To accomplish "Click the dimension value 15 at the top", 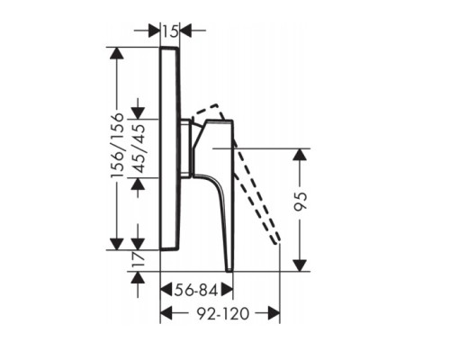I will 170,31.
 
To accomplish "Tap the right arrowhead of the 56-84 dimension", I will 229,290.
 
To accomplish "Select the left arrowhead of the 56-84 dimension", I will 165,290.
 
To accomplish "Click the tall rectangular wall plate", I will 170,148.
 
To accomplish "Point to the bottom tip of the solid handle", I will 229,268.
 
